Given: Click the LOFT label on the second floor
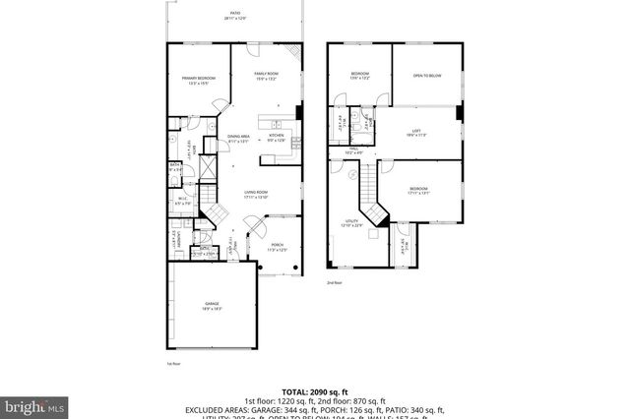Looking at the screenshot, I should pos(416,133).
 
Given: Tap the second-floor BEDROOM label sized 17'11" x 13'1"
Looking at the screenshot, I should pos(418,190).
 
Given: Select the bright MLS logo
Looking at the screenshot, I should pos(35,404).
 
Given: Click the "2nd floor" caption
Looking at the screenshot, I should pos(335,283).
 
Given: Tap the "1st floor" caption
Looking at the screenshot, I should pos(173,363).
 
